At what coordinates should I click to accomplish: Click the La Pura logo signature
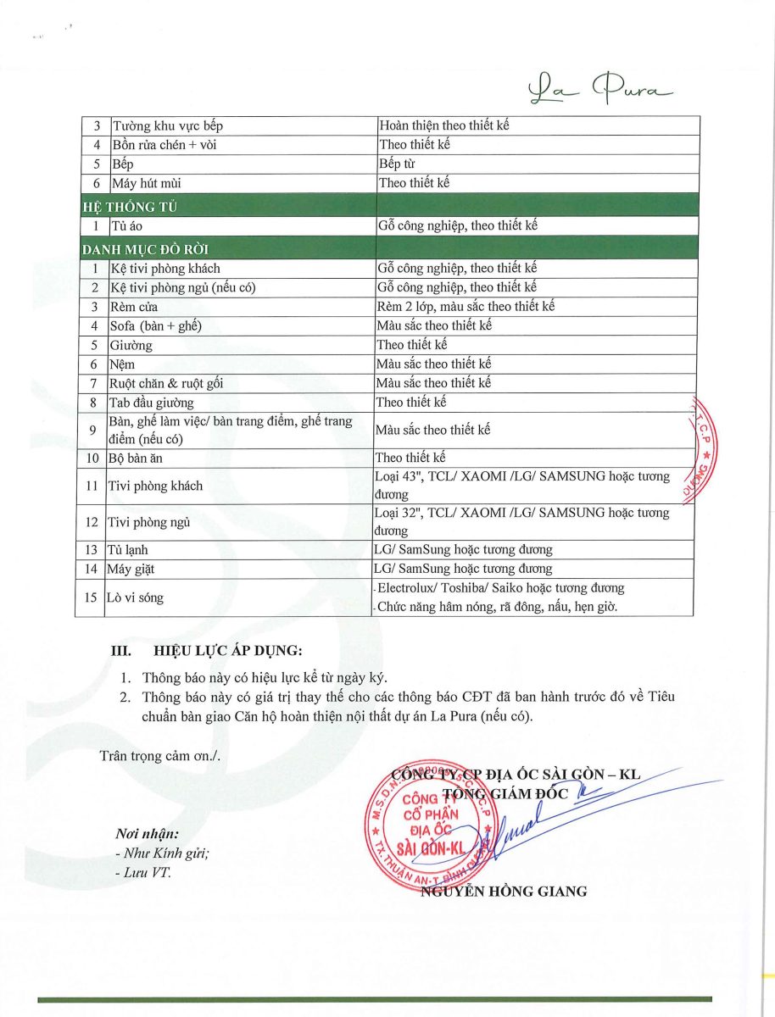click(x=599, y=87)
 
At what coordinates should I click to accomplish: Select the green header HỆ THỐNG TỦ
click(x=130, y=206)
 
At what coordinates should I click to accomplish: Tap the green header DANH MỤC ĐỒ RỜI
click(x=145, y=249)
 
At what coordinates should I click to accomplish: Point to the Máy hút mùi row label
click(x=146, y=182)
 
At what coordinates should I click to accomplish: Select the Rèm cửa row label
click(x=134, y=306)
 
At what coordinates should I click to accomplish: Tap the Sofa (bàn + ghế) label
click(x=156, y=325)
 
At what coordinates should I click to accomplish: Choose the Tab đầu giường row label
click(x=152, y=402)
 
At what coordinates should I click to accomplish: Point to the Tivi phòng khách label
click(x=155, y=486)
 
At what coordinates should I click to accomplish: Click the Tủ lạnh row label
click(x=128, y=550)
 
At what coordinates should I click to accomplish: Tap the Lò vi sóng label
click(x=135, y=597)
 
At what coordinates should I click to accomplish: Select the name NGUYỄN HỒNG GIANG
click(x=504, y=891)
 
